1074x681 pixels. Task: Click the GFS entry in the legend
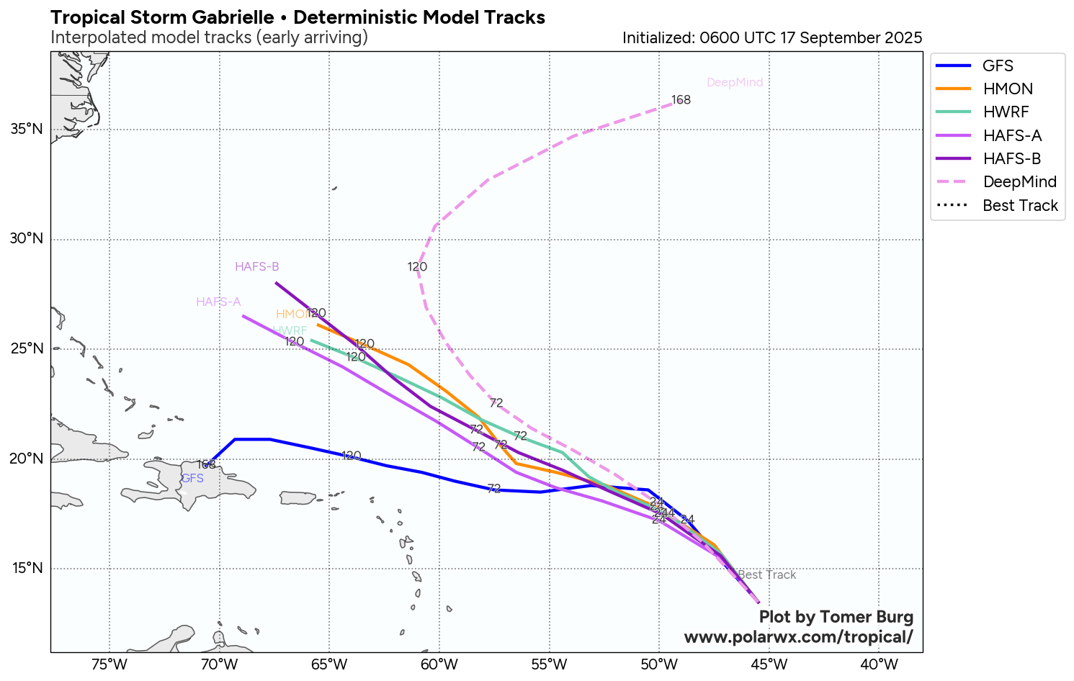point(998,66)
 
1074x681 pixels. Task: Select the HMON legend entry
point(1007,89)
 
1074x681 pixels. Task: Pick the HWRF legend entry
point(1006,112)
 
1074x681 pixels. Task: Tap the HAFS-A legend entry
point(1012,136)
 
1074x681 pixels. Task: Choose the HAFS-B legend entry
point(1012,159)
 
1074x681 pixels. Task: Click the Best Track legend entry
point(1020,206)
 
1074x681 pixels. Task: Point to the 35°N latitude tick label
point(27,130)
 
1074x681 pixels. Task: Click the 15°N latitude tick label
point(27,569)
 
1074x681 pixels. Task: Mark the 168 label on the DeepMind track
point(681,100)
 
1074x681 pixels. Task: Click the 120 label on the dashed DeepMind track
point(417,267)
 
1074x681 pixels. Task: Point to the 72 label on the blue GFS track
point(493,489)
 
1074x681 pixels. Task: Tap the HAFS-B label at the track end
point(256,267)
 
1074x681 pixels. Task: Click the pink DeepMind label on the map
point(735,83)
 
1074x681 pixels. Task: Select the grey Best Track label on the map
point(767,575)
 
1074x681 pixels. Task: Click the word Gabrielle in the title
point(231,17)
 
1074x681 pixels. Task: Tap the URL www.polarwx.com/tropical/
point(798,637)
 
